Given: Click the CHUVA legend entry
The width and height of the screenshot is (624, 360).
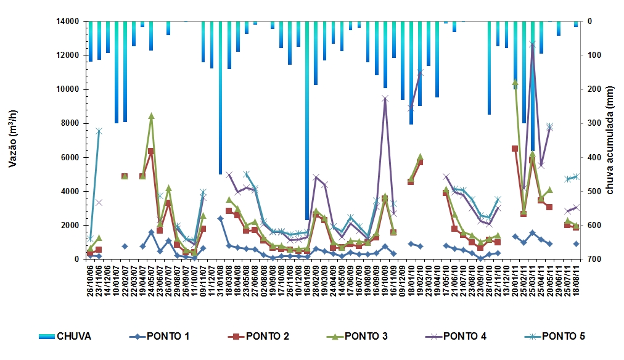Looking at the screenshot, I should (x=65, y=336).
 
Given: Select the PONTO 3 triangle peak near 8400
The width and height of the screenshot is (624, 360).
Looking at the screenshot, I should (x=151, y=115).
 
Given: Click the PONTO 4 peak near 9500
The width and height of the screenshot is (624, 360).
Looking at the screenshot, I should (x=385, y=98).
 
